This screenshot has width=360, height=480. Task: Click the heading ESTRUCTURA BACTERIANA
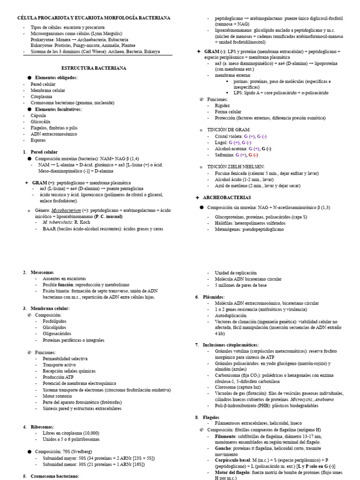pyautogui.click(x=97, y=68)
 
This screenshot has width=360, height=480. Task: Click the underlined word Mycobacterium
pyautogui.click(x=66, y=210)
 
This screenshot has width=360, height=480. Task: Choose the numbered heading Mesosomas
pyautogui.click(x=42, y=272)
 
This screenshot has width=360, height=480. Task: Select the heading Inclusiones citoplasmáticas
pyautogui.click(x=232, y=345)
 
